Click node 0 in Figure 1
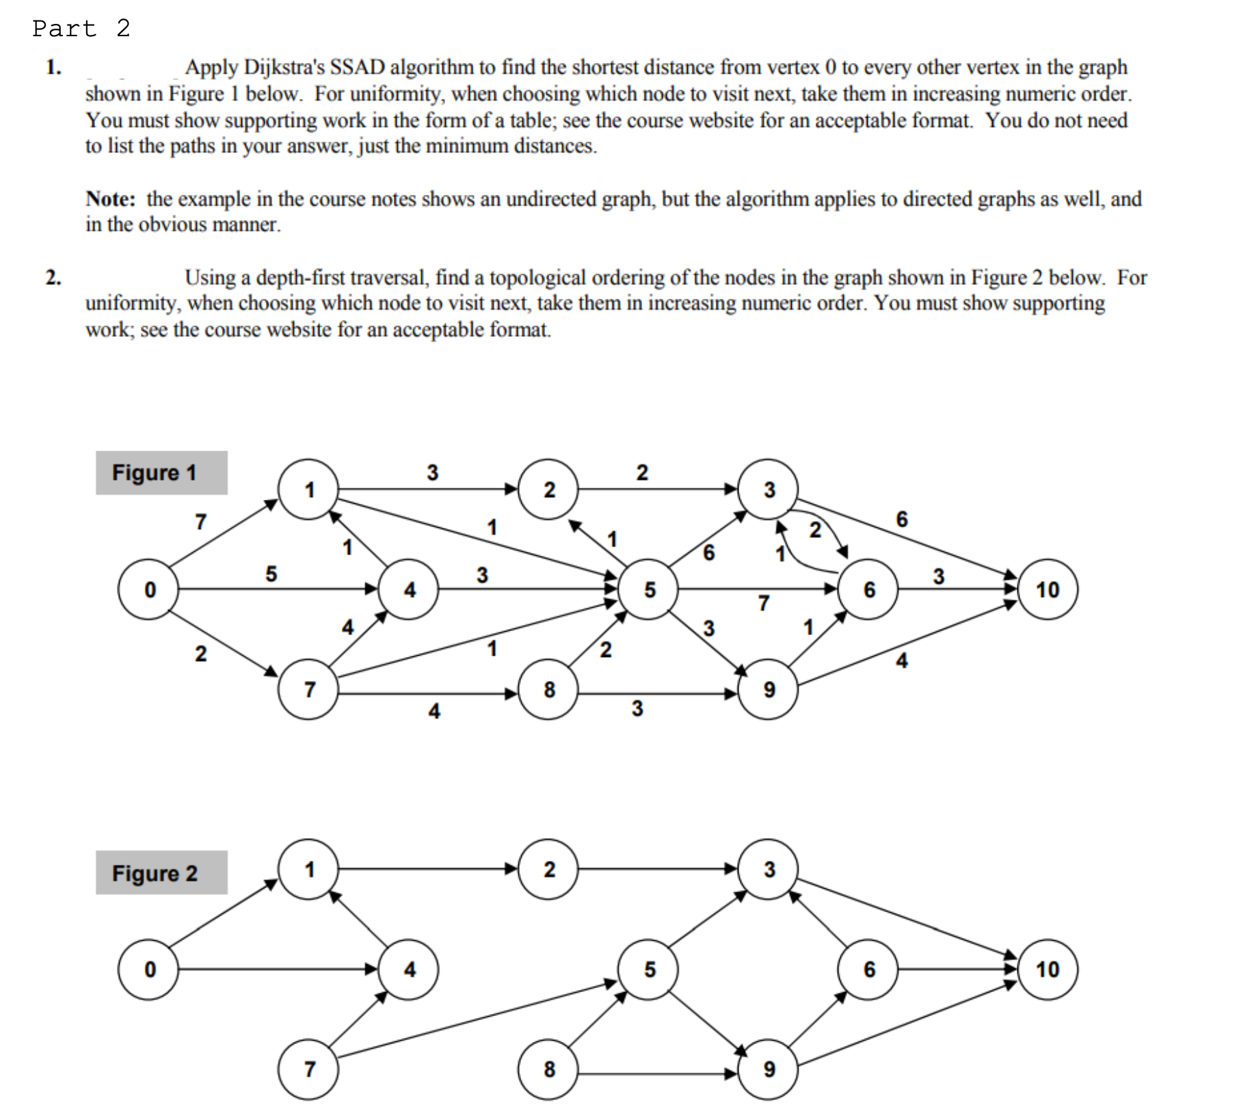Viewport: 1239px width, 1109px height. (x=149, y=589)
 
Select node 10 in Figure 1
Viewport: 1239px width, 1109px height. (x=1047, y=589)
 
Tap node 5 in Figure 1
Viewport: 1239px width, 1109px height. (x=649, y=589)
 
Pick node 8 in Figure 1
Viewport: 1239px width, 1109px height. (x=549, y=689)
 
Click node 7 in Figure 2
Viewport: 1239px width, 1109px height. (x=309, y=1069)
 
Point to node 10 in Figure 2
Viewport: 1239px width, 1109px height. (x=1047, y=969)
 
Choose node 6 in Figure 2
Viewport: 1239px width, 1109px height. (x=869, y=969)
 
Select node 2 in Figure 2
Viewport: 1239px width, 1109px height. (x=549, y=869)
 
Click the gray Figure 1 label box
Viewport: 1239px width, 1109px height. (x=161, y=472)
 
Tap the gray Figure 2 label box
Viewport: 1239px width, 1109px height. (x=161, y=873)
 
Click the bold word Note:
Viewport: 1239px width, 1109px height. (x=110, y=199)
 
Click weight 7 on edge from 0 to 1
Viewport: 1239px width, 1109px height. (x=200, y=522)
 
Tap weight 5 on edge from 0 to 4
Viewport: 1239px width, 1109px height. (x=271, y=574)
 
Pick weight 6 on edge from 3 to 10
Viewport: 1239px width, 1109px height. (x=902, y=520)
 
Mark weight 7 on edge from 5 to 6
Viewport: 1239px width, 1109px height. (x=764, y=603)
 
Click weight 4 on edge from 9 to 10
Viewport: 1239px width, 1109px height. (x=902, y=660)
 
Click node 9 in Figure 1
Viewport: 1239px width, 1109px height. (x=769, y=689)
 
